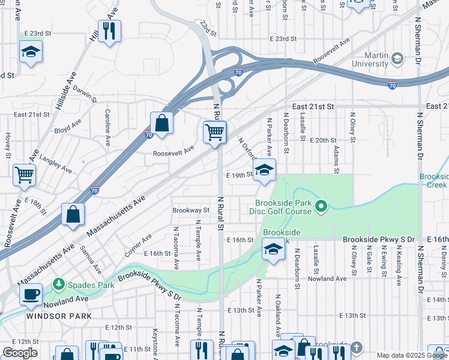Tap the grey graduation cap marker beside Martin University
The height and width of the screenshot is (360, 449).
point(396,59)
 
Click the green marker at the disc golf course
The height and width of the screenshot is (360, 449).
point(321,208)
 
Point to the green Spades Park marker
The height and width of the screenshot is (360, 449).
point(59,283)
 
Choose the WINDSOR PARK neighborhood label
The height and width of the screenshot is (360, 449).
point(59,316)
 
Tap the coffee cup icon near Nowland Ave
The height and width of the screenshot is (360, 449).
point(31,294)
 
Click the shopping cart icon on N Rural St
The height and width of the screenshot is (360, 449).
point(214,131)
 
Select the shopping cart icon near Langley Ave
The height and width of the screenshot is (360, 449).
point(25,175)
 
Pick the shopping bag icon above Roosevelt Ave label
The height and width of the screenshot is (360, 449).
point(161,123)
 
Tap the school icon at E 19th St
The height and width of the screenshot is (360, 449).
point(264,170)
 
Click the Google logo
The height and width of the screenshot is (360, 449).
point(20,353)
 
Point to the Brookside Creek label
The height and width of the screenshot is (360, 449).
point(433,181)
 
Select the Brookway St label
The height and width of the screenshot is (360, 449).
point(191,211)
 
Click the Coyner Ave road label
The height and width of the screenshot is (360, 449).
point(138,243)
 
